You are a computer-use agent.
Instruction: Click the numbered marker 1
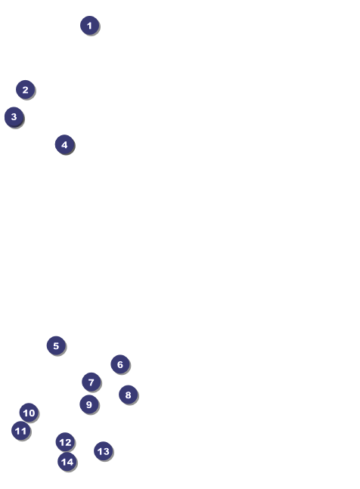(x=90, y=26)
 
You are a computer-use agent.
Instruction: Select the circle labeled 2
(x=26, y=90)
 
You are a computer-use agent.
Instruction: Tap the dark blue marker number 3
(x=14, y=117)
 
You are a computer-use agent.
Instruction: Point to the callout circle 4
(x=64, y=144)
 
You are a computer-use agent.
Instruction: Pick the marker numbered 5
(x=56, y=345)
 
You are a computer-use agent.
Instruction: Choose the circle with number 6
(x=120, y=364)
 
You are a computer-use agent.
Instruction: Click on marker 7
(x=91, y=382)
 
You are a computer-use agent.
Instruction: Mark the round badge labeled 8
(x=129, y=395)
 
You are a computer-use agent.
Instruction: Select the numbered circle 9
(x=89, y=404)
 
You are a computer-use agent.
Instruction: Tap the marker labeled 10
(x=29, y=413)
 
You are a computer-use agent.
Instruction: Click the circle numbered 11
(x=21, y=431)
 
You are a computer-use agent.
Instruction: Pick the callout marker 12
(x=65, y=442)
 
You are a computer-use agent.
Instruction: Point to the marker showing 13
(x=104, y=451)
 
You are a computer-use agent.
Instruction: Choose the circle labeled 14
(x=67, y=462)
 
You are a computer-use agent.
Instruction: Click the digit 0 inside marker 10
(x=32, y=413)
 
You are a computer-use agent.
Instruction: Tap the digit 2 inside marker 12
(x=68, y=442)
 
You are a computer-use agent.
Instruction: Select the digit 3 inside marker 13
(x=106, y=451)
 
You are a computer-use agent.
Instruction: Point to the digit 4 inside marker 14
(x=70, y=462)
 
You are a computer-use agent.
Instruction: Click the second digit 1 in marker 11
(x=23, y=431)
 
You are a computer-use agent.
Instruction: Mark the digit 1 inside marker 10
(x=25, y=413)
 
